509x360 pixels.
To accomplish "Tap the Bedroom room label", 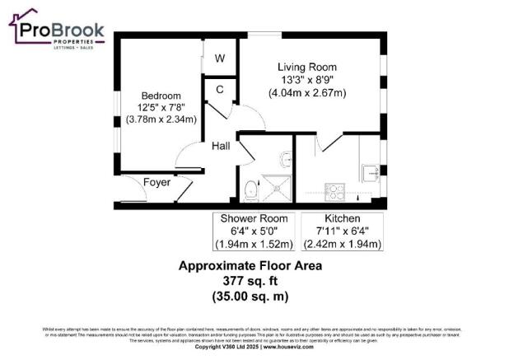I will click(160, 96).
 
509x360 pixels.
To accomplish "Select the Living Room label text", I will click(306, 67).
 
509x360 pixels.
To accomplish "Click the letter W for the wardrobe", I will click(220, 59).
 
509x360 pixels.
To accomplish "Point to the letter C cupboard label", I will click(220, 89).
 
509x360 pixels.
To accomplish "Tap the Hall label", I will click(221, 146).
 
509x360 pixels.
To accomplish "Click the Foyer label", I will click(156, 182).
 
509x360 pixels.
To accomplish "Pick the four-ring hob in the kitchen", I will click(335, 192).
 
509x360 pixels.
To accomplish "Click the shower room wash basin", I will click(283, 157).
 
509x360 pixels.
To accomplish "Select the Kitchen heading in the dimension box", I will click(341, 218).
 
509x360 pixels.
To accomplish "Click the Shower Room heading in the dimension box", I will click(254, 218).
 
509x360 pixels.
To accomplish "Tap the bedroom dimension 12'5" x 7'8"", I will click(160, 107).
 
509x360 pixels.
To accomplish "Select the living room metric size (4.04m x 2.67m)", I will click(306, 93).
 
